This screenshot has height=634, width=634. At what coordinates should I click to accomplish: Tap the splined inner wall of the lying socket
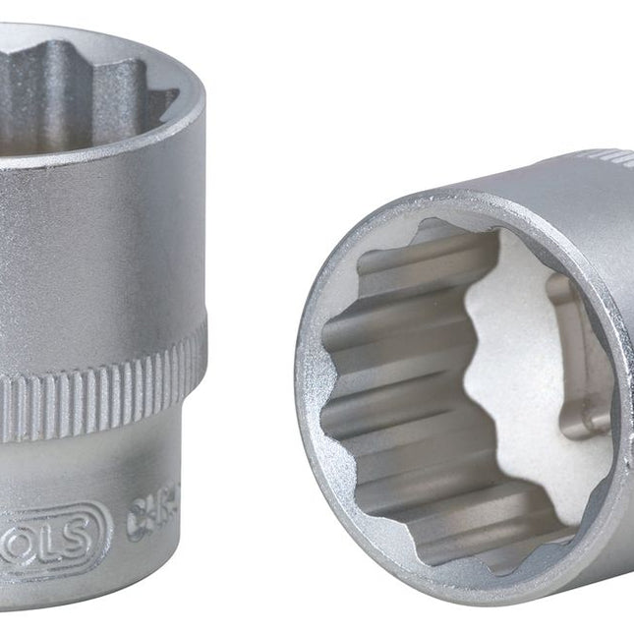click(393, 393)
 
